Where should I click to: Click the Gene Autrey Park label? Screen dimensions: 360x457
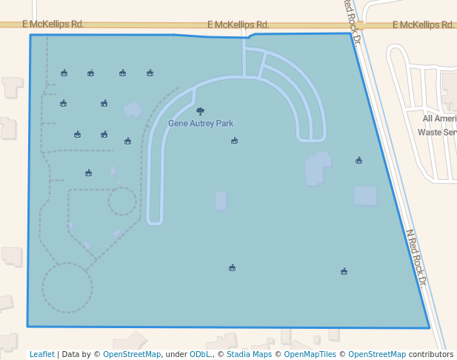click(x=201, y=123)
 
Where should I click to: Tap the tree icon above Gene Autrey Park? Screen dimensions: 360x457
click(x=200, y=111)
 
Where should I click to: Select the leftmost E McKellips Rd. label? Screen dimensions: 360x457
click(x=53, y=24)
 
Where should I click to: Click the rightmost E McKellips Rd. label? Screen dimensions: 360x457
click(x=423, y=24)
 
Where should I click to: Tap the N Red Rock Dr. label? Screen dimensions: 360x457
click(x=417, y=258)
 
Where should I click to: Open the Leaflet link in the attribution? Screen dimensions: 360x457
click(x=42, y=354)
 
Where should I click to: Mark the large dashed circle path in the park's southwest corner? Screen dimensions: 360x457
click(x=67, y=287)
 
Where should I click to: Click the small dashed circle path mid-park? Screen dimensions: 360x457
click(x=122, y=201)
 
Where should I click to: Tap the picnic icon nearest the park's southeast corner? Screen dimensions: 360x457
click(x=344, y=272)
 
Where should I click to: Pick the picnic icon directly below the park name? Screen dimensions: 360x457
click(x=234, y=141)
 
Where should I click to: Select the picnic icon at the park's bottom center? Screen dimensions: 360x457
click(x=232, y=268)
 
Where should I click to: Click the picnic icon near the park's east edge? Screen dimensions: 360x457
click(x=358, y=160)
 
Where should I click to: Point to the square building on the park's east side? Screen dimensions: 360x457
click(x=365, y=196)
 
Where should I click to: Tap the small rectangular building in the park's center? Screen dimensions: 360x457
click(x=221, y=201)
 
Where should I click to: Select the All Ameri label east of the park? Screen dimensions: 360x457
click(x=439, y=119)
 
